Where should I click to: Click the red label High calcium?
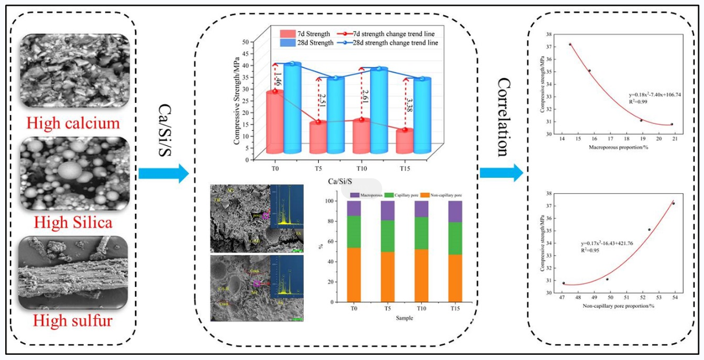[x=77, y=123]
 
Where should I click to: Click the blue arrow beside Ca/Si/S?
[x=163, y=172]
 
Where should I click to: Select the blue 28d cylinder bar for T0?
[x=292, y=108]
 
